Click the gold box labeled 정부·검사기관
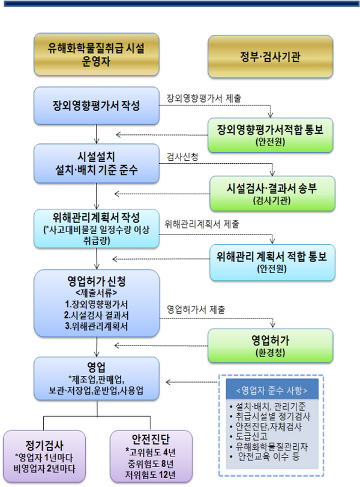pyautogui.click(x=270, y=56)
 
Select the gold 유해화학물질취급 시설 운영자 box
pyautogui.click(x=96, y=55)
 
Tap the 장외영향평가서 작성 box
pyautogui.click(x=96, y=106)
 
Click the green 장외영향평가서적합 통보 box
pyautogui.click(x=270, y=135)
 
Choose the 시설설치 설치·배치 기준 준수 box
pyautogui.click(x=96, y=163)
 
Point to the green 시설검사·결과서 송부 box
pyautogui.click(x=272, y=194)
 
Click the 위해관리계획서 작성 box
pyautogui.click(x=96, y=229)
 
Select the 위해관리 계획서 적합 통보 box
pyautogui.click(x=272, y=263)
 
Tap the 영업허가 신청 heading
pyautogui.click(x=96, y=281)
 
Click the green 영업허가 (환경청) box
pyautogui.click(x=270, y=345)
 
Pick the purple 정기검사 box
pyautogui.click(x=44, y=456)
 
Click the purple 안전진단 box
pyautogui.click(x=151, y=456)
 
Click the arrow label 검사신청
pyautogui.click(x=182, y=157)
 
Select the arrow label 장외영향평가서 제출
pyautogui.click(x=204, y=98)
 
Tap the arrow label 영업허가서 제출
pyautogui.click(x=196, y=309)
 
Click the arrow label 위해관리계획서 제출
pyautogui.click(x=202, y=224)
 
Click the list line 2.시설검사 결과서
pyautogui.click(x=96, y=315)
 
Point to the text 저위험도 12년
pyautogui.click(x=151, y=475)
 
